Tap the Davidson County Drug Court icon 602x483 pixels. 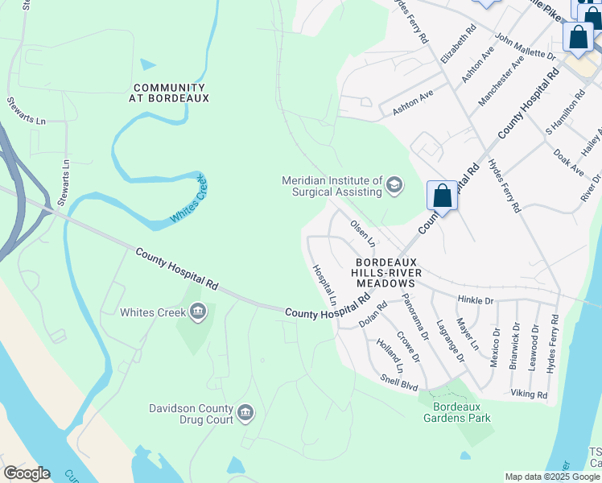pyautogui.click(x=246, y=414)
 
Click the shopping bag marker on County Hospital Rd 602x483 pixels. pyautogui.click(x=442, y=196)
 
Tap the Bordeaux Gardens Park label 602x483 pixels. pyautogui.click(x=457, y=412)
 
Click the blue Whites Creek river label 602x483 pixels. pyautogui.click(x=188, y=200)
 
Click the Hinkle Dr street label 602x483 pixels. pyautogui.click(x=475, y=300)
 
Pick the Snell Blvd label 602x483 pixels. pyautogui.click(x=399, y=382)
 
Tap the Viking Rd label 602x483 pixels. pyautogui.click(x=529, y=395)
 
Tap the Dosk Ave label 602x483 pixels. pyautogui.click(x=568, y=159)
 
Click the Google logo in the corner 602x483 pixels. pyautogui.click(x=27, y=473)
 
